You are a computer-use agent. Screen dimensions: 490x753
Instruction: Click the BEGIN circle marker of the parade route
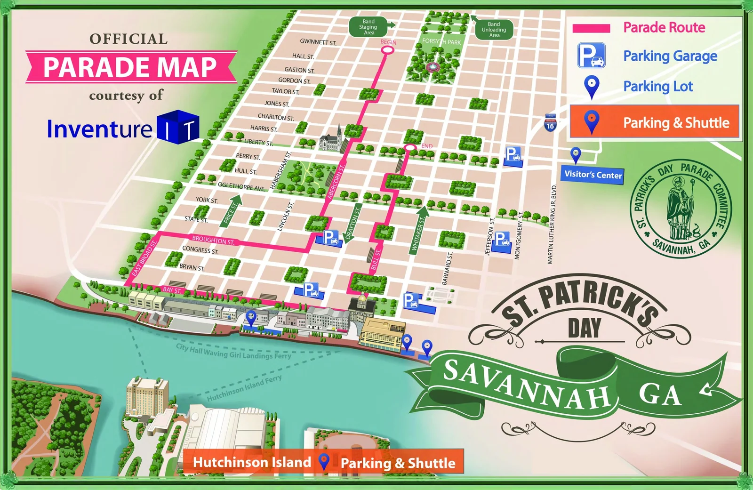387,49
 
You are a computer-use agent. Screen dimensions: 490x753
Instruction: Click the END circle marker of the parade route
410,148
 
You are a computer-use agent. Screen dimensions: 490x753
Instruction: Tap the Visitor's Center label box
593,175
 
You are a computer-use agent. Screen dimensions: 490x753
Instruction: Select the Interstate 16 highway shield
550,123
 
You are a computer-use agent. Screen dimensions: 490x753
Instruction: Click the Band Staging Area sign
369,27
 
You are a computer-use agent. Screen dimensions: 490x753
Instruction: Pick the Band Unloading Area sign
494,30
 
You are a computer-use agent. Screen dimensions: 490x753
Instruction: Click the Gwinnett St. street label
318,42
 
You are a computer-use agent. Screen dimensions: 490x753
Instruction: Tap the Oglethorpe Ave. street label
241,186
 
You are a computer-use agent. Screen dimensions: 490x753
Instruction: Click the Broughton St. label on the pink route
213,240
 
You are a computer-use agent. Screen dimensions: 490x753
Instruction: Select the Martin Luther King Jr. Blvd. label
552,224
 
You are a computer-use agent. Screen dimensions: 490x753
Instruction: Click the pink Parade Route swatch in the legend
591,28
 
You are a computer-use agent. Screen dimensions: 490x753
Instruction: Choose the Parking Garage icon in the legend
592,56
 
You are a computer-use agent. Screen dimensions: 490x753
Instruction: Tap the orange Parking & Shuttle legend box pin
592,121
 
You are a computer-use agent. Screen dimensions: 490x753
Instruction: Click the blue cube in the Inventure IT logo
178,127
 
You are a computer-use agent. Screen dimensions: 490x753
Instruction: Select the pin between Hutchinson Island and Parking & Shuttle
324,462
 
